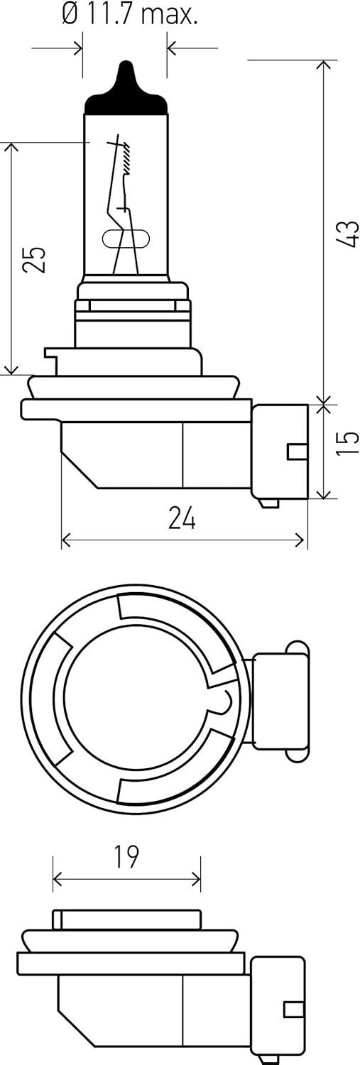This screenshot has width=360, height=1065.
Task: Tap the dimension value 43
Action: (x=347, y=233)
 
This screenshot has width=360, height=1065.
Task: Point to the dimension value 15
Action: (x=347, y=442)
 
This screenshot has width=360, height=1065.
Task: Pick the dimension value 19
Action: (x=126, y=857)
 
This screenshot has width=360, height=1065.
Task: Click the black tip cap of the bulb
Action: (x=126, y=88)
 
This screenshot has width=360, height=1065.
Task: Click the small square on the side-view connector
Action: (x=297, y=452)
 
